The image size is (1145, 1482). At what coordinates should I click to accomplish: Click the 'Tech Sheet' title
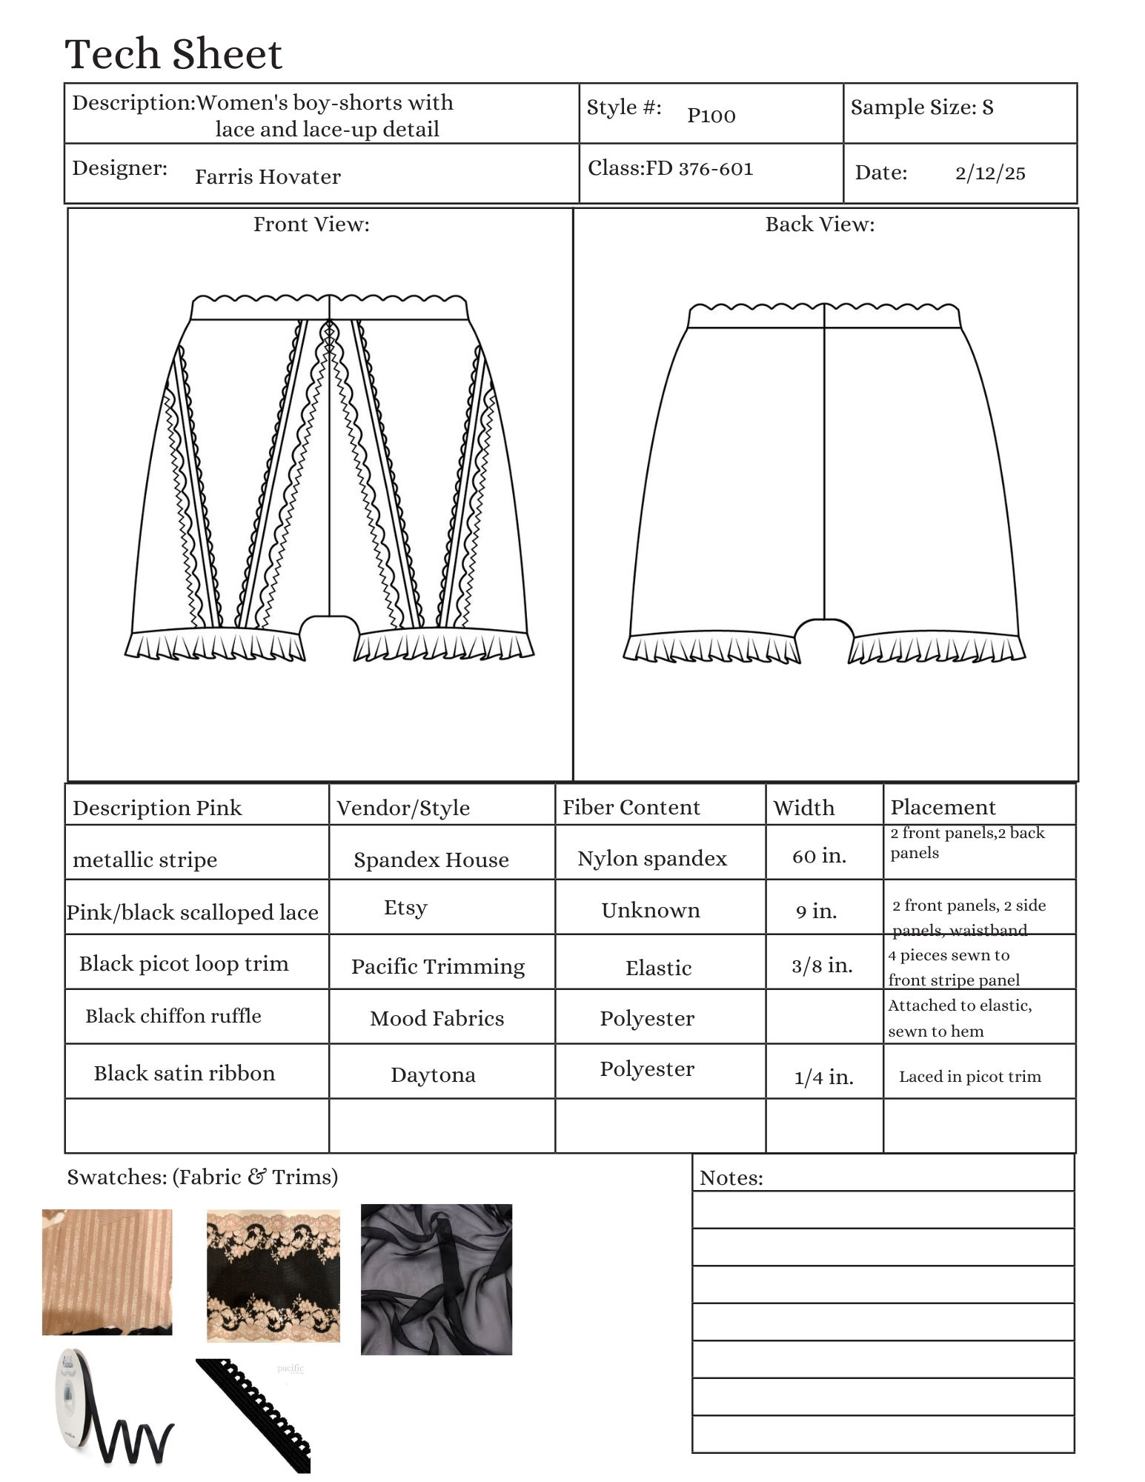173,55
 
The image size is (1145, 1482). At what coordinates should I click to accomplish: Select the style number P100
711,116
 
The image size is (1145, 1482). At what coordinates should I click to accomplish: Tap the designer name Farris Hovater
268,177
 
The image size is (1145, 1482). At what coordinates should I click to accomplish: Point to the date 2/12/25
990,173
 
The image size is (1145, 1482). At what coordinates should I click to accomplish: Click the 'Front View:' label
311,225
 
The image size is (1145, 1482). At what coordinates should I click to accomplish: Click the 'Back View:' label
820,225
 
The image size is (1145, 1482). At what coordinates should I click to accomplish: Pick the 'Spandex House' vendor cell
431,860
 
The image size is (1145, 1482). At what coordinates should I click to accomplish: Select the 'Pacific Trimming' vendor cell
438,966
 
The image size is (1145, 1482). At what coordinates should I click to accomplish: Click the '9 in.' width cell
817,911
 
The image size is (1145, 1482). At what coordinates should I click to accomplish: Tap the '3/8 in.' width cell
822,966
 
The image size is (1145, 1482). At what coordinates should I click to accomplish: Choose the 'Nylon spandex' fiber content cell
652,858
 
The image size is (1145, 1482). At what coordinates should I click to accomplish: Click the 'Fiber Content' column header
631,807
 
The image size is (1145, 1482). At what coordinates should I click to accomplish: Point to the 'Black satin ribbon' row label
185,1073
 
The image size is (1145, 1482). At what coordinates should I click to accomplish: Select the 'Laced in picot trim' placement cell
970,1077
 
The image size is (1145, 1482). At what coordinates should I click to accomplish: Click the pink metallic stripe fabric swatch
107,1272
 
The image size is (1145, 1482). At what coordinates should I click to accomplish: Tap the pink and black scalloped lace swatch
273,1276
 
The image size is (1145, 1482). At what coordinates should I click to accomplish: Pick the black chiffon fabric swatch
437,1279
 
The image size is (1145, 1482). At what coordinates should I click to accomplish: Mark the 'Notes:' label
731,1178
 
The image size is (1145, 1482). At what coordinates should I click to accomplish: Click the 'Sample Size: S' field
922,107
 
